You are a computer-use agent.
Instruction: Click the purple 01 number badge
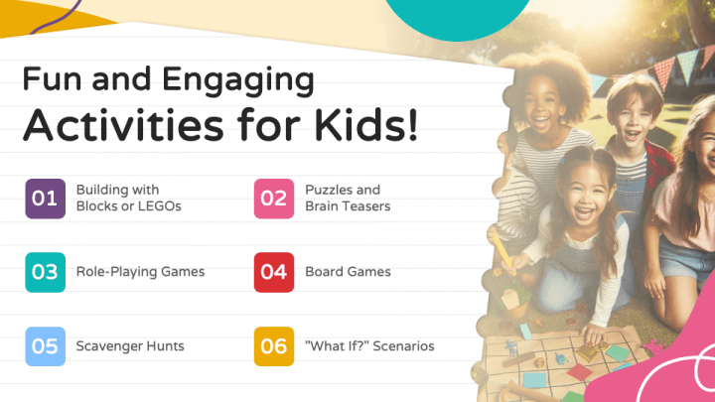pyautogui.click(x=45, y=199)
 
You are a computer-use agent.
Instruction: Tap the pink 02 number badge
pyautogui.click(x=274, y=199)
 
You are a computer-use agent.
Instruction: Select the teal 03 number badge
pyautogui.click(x=45, y=272)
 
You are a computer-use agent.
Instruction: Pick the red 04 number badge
pyautogui.click(x=274, y=272)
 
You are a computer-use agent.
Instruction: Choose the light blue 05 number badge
pyautogui.click(x=45, y=346)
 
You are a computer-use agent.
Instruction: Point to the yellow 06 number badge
pyautogui.click(x=274, y=346)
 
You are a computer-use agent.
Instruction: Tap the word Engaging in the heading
pyautogui.click(x=231, y=78)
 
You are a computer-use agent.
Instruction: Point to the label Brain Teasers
pyautogui.click(x=348, y=206)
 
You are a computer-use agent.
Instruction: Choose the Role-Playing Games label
pyautogui.click(x=140, y=272)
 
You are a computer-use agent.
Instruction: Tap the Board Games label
pyautogui.click(x=348, y=272)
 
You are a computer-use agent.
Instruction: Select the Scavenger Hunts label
pyautogui.click(x=130, y=346)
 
